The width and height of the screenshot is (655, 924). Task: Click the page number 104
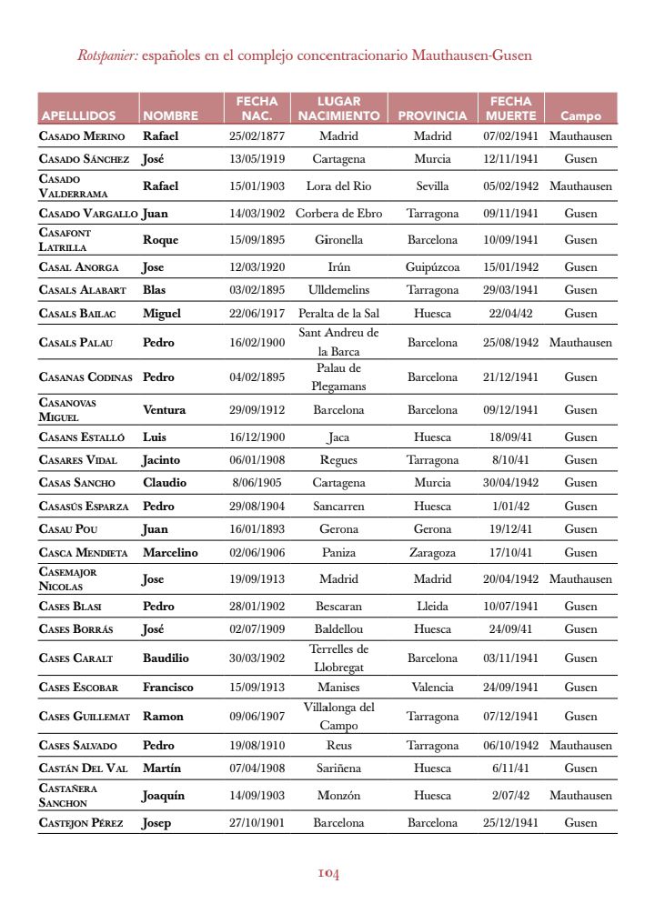point(328,874)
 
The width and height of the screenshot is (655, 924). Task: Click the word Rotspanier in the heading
point(107,55)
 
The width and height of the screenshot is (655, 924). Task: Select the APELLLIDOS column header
point(78,116)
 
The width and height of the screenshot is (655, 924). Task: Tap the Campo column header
point(580,116)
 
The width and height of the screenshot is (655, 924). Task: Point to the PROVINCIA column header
point(432,116)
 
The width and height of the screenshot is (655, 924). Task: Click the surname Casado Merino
point(83,136)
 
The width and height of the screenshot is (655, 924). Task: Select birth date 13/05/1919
point(257,159)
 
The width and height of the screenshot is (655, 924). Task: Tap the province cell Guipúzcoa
point(432,267)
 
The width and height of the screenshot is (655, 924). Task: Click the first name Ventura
point(164,410)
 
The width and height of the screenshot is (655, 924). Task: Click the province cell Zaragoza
point(432,552)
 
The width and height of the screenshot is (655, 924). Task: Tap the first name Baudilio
point(166,658)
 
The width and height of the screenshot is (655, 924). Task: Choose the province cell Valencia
point(432,688)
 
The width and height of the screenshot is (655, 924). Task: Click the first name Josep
point(157,823)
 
